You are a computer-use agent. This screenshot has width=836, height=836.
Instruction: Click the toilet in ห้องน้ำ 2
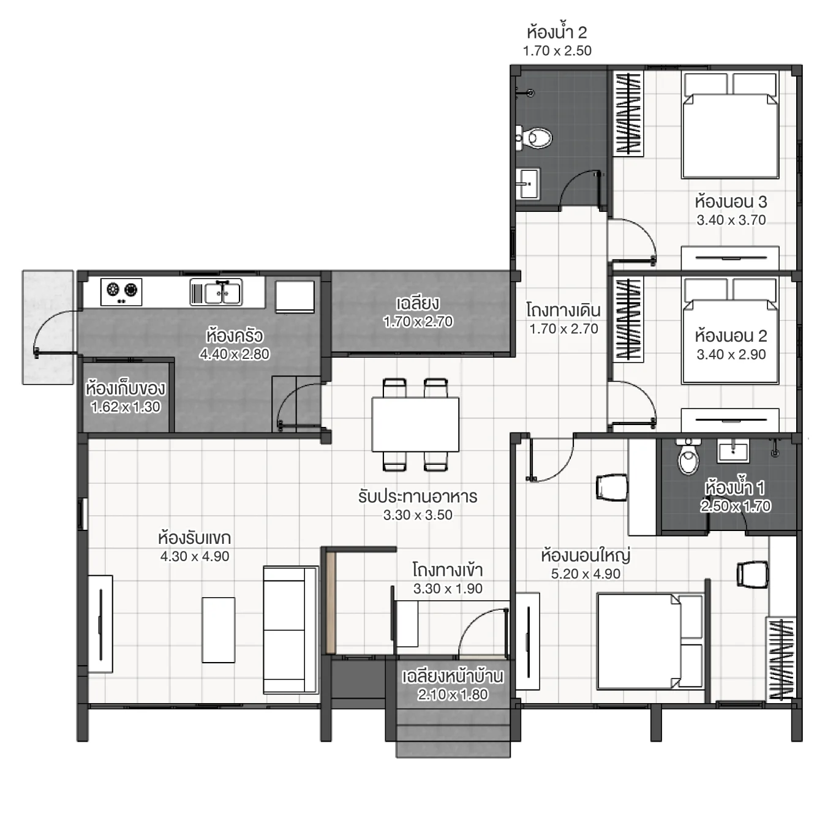pyautogui.click(x=536, y=138)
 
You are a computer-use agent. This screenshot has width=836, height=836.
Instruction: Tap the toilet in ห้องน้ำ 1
pyautogui.click(x=688, y=458)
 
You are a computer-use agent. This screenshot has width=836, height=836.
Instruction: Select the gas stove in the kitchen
pyautogui.click(x=121, y=292)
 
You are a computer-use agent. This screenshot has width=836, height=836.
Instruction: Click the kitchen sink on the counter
pyautogui.click(x=216, y=292)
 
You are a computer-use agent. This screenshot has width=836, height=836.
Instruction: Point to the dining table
pyautogui.click(x=415, y=424)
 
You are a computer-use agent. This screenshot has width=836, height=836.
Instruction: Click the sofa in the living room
pyautogui.click(x=290, y=630)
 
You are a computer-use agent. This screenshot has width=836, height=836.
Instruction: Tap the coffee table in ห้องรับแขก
pyautogui.click(x=219, y=630)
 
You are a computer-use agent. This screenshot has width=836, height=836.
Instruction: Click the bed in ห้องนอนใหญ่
pyautogui.click(x=649, y=641)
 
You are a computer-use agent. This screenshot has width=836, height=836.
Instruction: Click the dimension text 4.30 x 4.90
pyautogui.click(x=195, y=557)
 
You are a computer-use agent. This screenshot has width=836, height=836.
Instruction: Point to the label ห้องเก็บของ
pyautogui.click(x=126, y=389)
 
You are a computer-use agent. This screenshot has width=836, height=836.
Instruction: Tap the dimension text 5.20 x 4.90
pyautogui.click(x=586, y=574)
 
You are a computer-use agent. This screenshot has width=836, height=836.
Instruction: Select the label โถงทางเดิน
pyautogui.click(x=563, y=311)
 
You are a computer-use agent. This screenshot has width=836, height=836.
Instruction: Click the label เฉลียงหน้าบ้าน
pyautogui.click(x=453, y=677)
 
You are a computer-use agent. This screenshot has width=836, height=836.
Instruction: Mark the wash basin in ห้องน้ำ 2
pyautogui.click(x=527, y=183)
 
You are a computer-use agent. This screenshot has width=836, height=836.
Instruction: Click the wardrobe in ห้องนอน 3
pyautogui.click(x=628, y=114)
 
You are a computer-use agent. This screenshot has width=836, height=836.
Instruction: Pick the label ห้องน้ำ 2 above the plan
pyautogui.click(x=556, y=32)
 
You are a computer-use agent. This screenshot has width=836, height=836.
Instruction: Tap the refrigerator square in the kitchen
pyautogui.click(x=295, y=296)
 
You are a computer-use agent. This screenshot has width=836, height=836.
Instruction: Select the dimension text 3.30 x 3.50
pyautogui.click(x=418, y=515)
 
